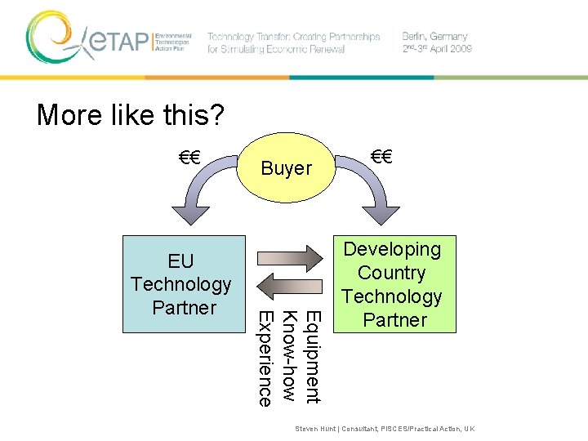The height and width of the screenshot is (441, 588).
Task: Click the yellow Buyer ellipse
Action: [286, 168]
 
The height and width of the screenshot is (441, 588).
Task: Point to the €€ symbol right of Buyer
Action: [381, 156]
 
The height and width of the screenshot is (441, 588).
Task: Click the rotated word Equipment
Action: [312, 357]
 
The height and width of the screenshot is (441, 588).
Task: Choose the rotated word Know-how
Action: [288, 356]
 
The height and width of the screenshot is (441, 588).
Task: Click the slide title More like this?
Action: [130, 116]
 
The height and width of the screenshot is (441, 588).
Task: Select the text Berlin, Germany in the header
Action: [434, 37]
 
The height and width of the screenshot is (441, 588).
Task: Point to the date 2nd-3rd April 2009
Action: [437, 49]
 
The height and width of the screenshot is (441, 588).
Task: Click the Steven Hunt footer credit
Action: [385, 429]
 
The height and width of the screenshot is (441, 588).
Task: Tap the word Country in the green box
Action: [392, 273]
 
